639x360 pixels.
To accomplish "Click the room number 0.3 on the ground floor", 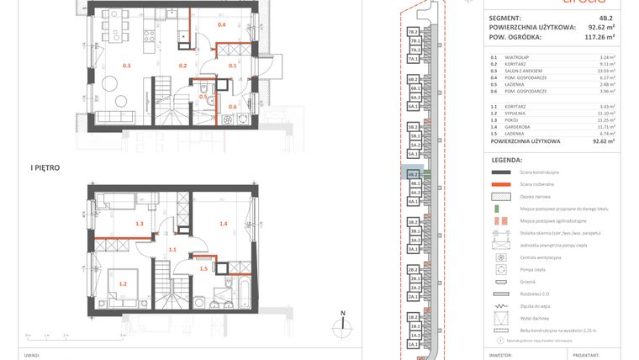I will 127,66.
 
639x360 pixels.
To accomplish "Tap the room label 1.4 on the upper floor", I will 224,224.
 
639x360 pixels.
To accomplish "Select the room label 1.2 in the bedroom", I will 123,284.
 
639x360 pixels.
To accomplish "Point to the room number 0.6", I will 232,107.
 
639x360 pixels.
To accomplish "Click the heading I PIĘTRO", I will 44,168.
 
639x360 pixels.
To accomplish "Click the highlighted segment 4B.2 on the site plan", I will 414,174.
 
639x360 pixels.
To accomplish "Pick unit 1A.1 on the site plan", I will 414,345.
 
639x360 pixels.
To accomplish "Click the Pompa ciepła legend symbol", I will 503,270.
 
